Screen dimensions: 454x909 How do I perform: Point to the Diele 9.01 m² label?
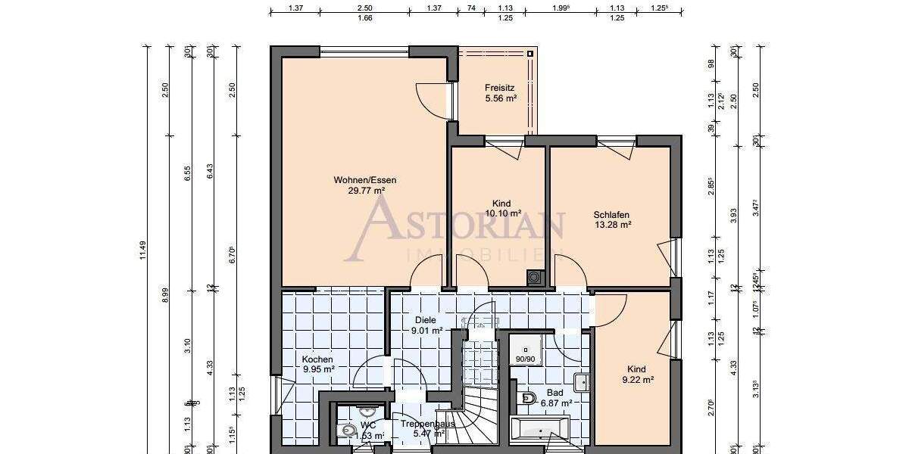click(426, 325)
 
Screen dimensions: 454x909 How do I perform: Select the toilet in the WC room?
click(349, 430)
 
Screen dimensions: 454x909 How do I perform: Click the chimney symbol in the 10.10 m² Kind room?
click(536, 278)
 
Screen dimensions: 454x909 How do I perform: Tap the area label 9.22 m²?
click(639, 381)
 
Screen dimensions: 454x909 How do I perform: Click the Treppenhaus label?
click(428, 424)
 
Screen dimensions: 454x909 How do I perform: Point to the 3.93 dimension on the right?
click(733, 216)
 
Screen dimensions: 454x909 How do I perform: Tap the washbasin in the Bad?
click(582, 382)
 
